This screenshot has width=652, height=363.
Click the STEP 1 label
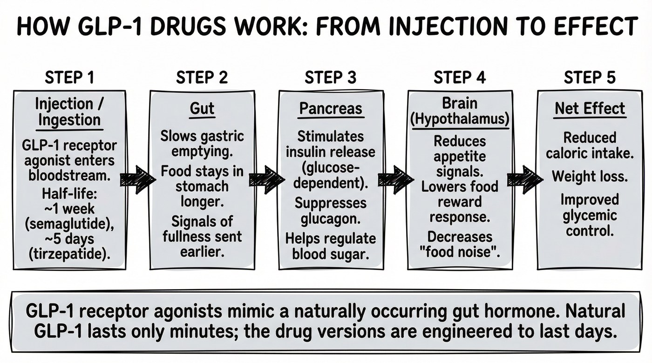coord(69,78)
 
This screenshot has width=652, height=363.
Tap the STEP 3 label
coord(330,78)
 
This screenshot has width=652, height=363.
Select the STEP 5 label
coord(590,78)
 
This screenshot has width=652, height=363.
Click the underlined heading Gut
coord(202,109)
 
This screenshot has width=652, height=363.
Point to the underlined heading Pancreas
coord(330,109)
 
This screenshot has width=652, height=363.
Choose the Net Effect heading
coord(590,109)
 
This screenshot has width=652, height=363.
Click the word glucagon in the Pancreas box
coord(330,218)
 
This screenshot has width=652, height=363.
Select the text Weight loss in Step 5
coord(590,176)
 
